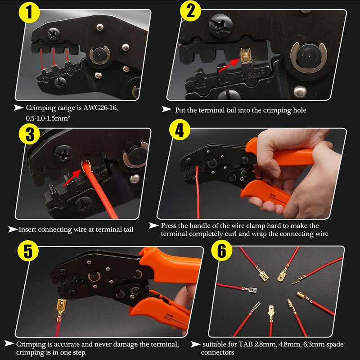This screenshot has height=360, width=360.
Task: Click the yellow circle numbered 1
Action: [x=29, y=12]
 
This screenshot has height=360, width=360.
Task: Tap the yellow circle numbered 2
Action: [x=190, y=11]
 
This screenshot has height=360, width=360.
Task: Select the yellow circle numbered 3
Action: [x=29, y=134]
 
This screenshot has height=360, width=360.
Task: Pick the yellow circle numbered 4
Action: [x=180, y=130]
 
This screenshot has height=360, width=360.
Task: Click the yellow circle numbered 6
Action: [x=222, y=250]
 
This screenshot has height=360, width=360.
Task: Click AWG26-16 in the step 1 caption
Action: [x=100, y=108]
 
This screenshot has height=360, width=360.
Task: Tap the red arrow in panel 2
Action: [x=229, y=65]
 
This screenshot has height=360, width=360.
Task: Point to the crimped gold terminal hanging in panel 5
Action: [x=61, y=310]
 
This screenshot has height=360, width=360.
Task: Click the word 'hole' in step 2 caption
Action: [x=300, y=110]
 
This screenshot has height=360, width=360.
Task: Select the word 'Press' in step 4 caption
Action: [x=168, y=226]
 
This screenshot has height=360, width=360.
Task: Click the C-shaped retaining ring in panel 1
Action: [x=100, y=55]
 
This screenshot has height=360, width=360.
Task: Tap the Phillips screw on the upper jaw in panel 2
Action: [x=220, y=25]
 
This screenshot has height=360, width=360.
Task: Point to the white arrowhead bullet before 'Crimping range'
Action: [x=18, y=108]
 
